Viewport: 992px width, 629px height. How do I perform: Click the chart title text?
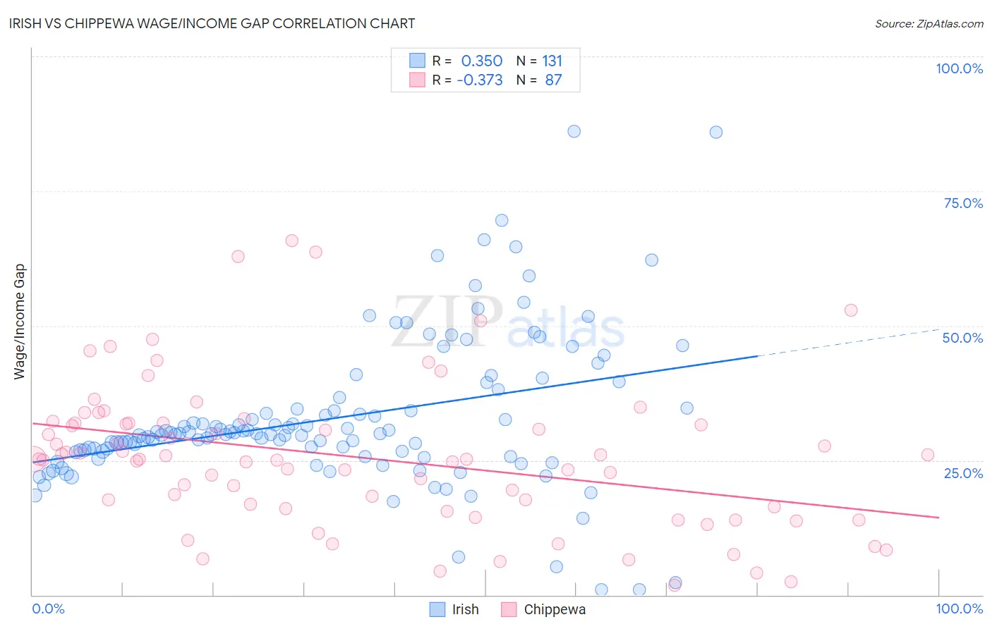click(x=212, y=23)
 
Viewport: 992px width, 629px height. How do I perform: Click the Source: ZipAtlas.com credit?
click(x=929, y=23)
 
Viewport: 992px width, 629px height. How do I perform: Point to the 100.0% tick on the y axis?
click(x=959, y=68)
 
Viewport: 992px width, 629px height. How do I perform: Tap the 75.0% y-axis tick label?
click(x=963, y=203)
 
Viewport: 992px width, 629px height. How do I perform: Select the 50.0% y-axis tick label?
click(x=962, y=338)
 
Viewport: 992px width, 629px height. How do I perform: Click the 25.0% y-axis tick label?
click(x=963, y=472)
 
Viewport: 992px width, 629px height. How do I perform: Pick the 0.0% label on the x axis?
click(x=48, y=609)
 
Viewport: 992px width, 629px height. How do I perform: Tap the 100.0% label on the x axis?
click(x=959, y=609)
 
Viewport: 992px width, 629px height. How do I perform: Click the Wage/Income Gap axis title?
click(x=20, y=322)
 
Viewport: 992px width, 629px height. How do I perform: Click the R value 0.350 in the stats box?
click(x=482, y=61)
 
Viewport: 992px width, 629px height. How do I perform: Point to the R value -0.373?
click(x=480, y=80)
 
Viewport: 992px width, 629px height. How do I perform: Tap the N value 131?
click(x=552, y=61)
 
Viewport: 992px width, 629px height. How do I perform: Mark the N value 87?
click(x=553, y=80)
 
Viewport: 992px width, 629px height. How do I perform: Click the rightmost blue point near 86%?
click(x=716, y=132)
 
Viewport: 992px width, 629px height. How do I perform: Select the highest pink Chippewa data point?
click(x=291, y=240)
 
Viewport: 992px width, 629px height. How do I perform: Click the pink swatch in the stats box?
click(x=418, y=80)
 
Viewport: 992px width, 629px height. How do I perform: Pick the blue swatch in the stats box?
click(x=418, y=61)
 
